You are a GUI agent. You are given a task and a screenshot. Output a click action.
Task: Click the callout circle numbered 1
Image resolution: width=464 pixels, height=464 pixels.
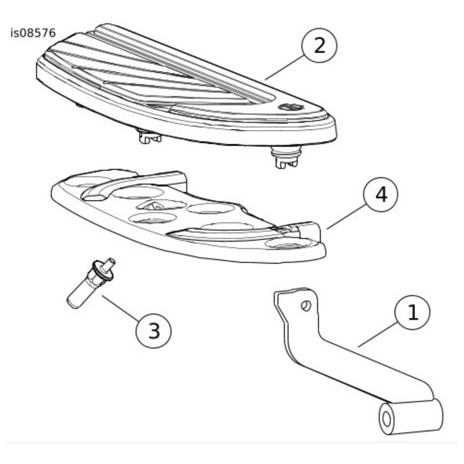[x=412, y=312]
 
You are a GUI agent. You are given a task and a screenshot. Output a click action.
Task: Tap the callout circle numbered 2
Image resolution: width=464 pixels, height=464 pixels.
[x=319, y=46]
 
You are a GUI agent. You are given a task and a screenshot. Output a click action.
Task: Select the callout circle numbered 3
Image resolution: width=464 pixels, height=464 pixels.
[x=154, y=331]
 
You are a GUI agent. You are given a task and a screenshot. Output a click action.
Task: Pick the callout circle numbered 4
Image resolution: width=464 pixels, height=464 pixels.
[x=381, y=194]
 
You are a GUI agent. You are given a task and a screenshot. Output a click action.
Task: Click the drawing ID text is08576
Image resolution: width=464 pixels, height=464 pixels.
[x=33, y=33]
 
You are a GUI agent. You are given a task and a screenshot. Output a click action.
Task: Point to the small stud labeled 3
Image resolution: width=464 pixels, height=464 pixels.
[x=91, y=283]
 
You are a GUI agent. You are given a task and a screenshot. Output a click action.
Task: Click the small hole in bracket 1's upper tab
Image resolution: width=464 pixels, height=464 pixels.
[x=306, y=306]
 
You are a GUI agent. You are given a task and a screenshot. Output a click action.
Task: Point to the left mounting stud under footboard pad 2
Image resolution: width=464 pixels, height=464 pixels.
[x=149, y=136]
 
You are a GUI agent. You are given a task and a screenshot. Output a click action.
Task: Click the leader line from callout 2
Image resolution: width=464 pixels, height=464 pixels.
[x=285, y=67]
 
